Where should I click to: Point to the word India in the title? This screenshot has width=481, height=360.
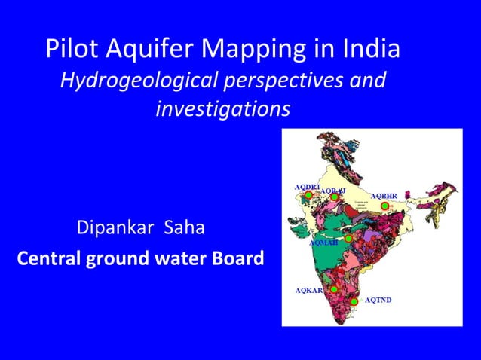(368, 49)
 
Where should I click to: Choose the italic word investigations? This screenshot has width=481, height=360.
(222, 110)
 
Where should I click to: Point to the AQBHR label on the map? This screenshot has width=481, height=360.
(384, 196)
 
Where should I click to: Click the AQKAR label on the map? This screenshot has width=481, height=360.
(308, 290)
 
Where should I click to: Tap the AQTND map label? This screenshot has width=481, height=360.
(378, 300)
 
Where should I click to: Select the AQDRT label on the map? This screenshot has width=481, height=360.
(307, 186)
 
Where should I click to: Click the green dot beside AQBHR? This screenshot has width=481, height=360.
(384, 206)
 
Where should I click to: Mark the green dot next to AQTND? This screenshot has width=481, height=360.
(354, 301)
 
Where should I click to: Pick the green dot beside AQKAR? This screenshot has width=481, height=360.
(332, 288)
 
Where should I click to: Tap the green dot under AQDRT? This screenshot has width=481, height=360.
(308, 195)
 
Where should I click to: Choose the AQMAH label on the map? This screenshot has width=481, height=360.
(323, 243)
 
